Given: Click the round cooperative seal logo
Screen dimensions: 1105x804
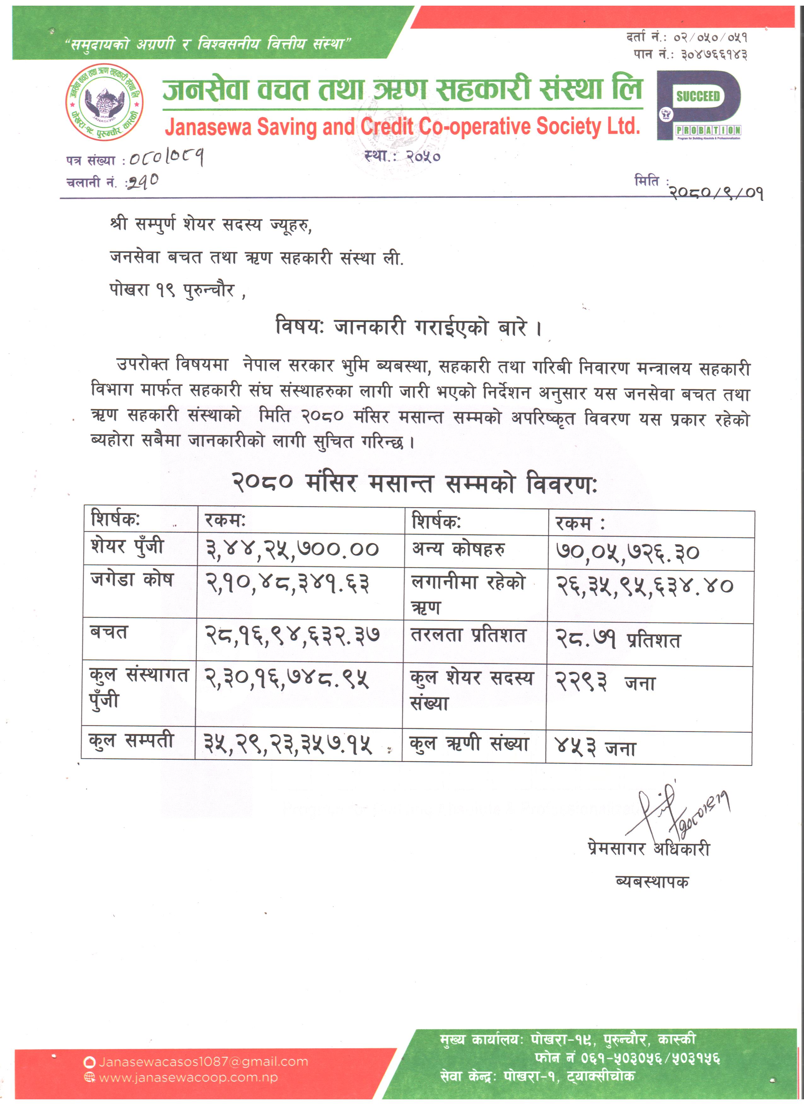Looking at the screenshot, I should coord(104,102).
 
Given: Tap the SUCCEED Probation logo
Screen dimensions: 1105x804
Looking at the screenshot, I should coord(699,105).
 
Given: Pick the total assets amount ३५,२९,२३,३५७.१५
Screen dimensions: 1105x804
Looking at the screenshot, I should coord(288,744).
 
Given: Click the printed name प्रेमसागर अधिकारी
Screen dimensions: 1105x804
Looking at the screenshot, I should coord(649,848).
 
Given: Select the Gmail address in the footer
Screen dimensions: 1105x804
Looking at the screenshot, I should coord(203,1062).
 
